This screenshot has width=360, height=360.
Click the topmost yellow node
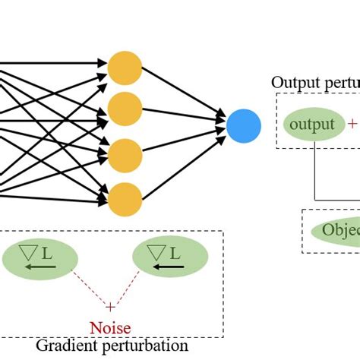pyautogui.click(x=125, y=68)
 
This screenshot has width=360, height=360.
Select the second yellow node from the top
pyautogui.click(x=125, y=109)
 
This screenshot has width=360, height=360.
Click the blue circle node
pyautogui.click(x=244, y=125)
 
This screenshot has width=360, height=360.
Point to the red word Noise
pyautogui.click(x=110, y=328)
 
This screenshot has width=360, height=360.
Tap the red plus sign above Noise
pyautogui.click(x=110, y=307)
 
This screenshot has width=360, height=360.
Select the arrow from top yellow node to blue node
pyautogui.click(x=186, y=95)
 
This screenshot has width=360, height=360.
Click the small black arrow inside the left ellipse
pyautogui.click(x=33, y=267)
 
